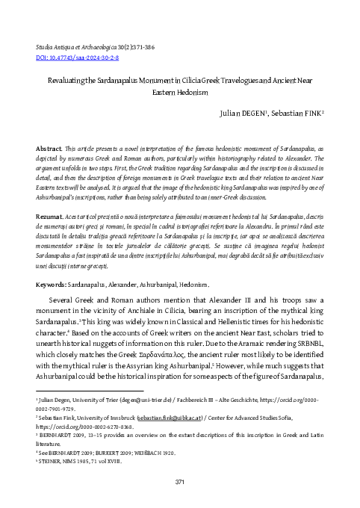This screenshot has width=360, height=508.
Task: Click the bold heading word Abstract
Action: [49, 149]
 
